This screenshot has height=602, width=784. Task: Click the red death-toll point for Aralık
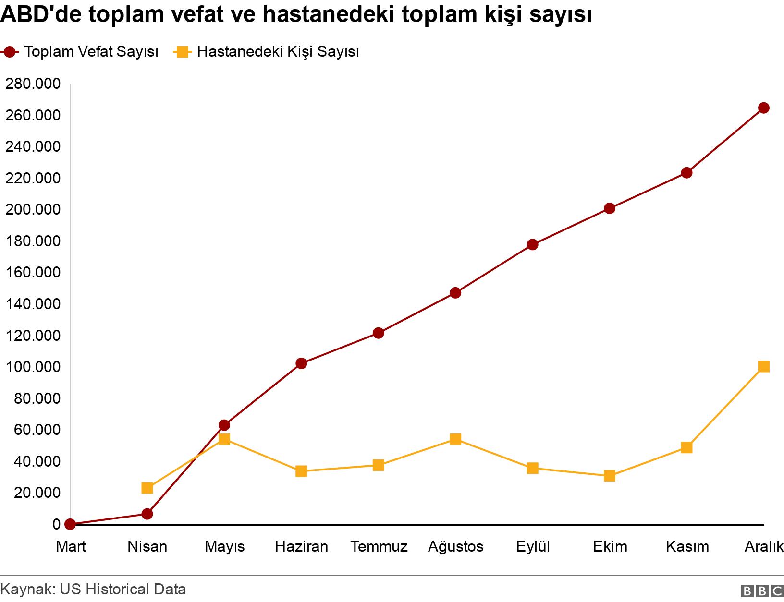tap(763, 108)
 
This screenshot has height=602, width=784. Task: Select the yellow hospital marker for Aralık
tap(763, 367)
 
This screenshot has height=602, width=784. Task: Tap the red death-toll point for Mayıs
tap(224, 425)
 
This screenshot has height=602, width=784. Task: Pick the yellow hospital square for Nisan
tap(147, 488)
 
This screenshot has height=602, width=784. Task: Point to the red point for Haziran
tap(301, 363)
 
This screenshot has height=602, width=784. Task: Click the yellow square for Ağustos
tap(455, 439)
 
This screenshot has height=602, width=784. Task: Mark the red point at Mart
tap(70, 524)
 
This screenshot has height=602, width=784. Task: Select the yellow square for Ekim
tap(610, 476)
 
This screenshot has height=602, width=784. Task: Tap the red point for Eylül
tap(532, 245)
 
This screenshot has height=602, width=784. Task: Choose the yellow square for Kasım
tap(686, 448)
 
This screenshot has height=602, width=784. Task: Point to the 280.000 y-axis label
tap(33, 84)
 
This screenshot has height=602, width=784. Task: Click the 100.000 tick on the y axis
tap(33, 367)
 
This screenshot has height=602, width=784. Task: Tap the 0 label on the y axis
tap(57, 524)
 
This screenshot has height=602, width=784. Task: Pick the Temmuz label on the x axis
tap(379, 546)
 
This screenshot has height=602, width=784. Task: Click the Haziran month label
tap(301, 546)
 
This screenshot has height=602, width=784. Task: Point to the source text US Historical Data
tap(122, 589)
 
